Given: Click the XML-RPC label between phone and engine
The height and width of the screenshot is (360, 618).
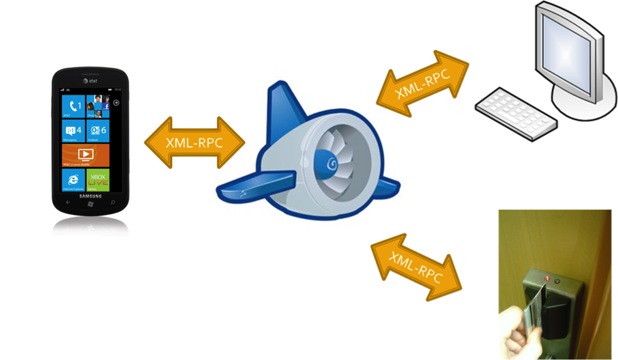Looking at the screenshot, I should pyautogui.click(x=194, y=142).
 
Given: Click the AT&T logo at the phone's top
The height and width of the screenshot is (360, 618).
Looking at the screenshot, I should pyautogui.click(x=90, y=80).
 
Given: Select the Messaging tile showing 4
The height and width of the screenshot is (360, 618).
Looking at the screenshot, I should pyautogui.click(x=74, y=131).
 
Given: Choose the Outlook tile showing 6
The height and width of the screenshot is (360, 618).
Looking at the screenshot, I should pyautogui.click(x=98, y=131).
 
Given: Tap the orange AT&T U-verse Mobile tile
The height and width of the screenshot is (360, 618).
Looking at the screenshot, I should pyautogui.click(x=86, y=155).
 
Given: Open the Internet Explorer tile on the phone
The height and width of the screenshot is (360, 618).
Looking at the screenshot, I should pyautogui.click(x=74, y=180).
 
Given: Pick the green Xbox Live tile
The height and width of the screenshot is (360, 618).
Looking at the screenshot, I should pyautogui.click(x=98, y=180).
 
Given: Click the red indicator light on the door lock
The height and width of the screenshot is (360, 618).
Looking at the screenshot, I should pyautogui.click(x=548, y=278).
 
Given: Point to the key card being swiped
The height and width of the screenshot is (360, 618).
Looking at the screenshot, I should pyautogui.click(x=534, y=307).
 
